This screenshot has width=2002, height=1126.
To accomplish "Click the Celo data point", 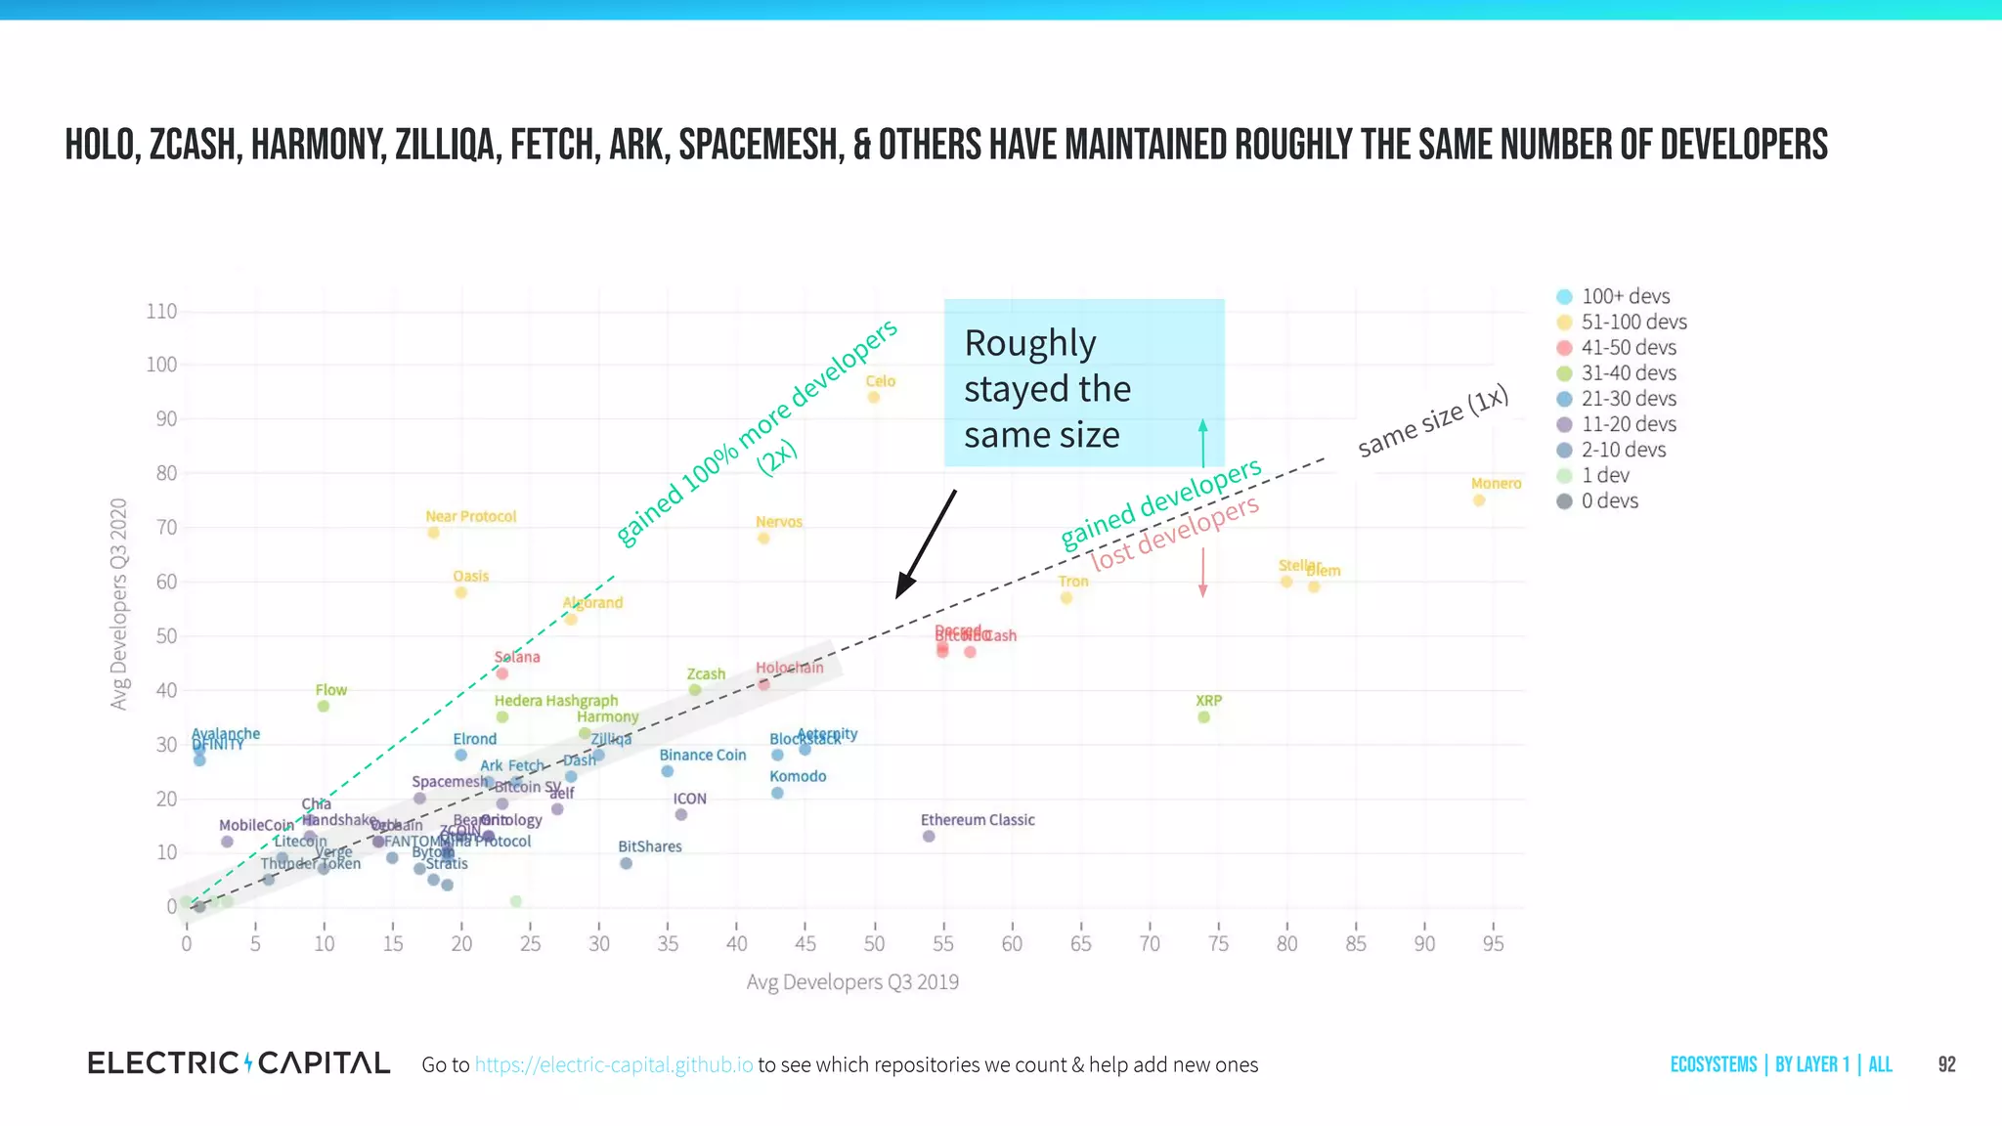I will [874, 397].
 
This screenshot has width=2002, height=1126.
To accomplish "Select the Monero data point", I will [1479, 500].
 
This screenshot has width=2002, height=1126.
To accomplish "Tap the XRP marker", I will [1203, 717].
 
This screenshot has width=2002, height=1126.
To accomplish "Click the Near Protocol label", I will [470, 516].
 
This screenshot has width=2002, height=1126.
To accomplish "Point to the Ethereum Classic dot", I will [929, 836].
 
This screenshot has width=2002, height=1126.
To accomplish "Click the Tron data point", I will [1066, 598].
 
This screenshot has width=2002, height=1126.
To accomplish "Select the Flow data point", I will [324, 706].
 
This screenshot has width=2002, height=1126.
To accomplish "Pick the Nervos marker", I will [763, 539].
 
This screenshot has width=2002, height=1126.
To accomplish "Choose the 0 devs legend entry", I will [1609, 501].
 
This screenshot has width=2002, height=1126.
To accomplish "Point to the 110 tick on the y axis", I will [161, 312].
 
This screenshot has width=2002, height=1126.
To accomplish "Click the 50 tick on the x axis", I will [874, 944].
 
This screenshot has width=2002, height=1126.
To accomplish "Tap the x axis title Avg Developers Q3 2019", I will [852, 982].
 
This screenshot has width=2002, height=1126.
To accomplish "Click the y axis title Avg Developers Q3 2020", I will [119, 603].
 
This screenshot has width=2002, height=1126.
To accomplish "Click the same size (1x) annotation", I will [1433, 422].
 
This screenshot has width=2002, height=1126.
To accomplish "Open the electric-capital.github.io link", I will [614, 1064].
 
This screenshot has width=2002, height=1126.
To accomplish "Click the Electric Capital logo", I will [239, 1063].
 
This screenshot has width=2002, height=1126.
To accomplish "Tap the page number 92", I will [1946, 1064].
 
